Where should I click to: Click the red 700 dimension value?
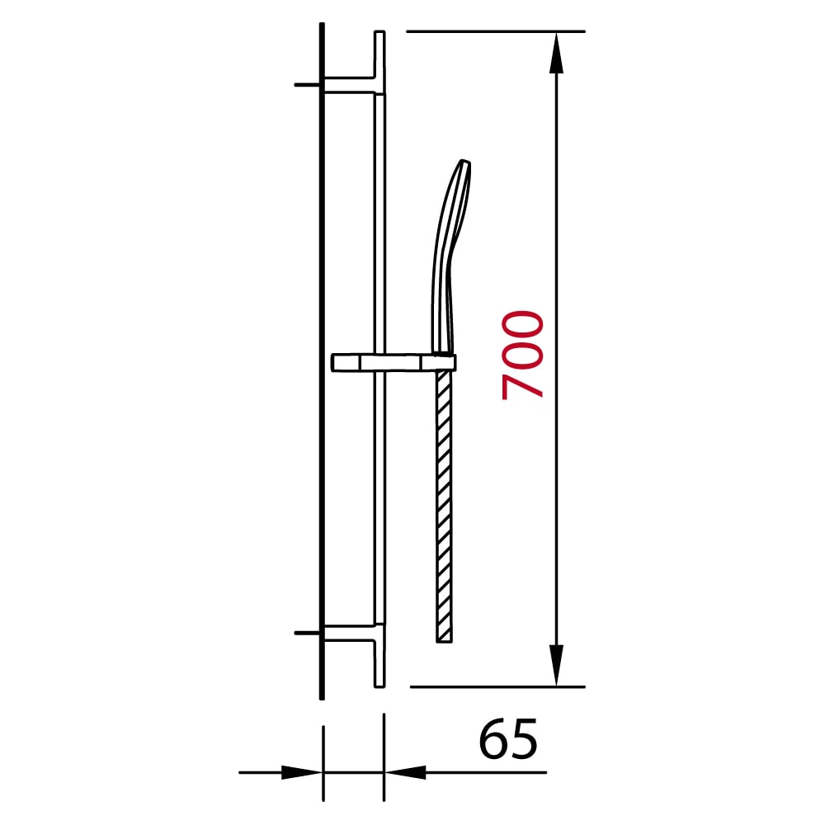click(x=522, y=355)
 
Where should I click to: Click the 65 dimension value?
click(x=508, y=738)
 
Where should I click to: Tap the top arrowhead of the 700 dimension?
click(x=556, y=53)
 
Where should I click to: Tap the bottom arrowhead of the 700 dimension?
click(x=556, y=666)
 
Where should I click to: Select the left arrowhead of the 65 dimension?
click(x=301, y=772)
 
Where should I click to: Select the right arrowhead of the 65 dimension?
click(x=405, y=772)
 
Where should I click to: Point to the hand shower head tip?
click(x=465, y=162)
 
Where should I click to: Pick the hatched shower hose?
click(x=444, y=507)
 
